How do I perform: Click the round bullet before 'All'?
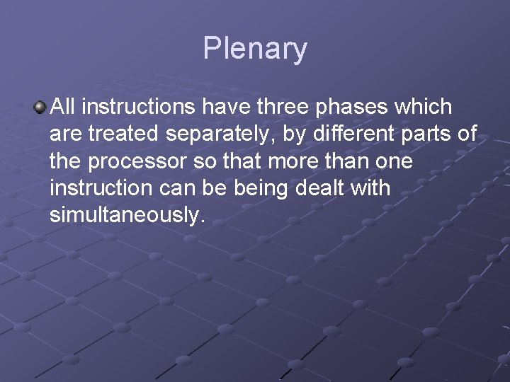click(x=40, y=108)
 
